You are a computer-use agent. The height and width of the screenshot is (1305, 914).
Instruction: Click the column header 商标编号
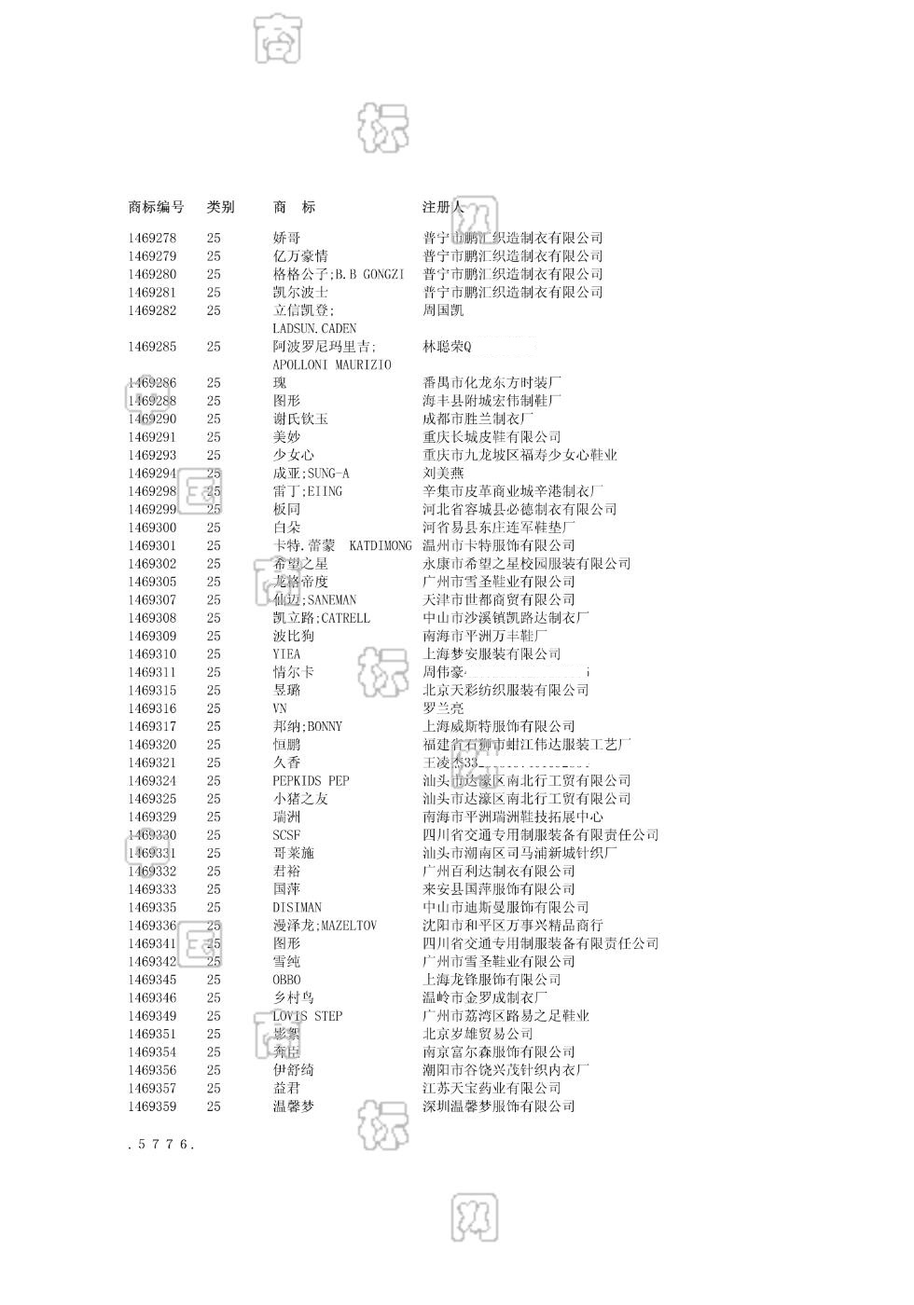pos(156,207)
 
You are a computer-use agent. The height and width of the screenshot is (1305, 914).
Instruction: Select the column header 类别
pos(220,207)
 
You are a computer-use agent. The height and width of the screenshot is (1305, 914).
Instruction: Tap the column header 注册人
pos(443,207)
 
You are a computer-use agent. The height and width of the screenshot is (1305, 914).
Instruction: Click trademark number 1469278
pos(152,239)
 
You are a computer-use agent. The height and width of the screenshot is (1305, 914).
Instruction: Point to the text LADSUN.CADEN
pos(314,329)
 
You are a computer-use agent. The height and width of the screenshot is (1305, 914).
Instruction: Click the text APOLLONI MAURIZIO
pos(331,365)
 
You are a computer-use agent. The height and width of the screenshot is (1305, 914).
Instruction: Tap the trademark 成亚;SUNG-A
pos(311,474)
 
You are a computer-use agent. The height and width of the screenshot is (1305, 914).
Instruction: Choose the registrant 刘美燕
pos(443,474)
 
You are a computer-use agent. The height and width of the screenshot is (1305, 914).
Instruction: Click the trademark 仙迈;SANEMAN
pos(314,600)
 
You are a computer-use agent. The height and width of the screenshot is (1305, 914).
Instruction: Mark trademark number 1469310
pos(152,654)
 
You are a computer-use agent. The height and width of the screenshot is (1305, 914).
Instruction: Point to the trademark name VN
pos(280,708)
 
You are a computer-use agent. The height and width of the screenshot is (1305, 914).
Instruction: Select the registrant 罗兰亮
pos(443,708)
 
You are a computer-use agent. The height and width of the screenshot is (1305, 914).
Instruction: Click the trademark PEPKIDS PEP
pos(311,781)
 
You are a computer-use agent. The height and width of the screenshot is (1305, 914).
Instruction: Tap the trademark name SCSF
pos(286,836)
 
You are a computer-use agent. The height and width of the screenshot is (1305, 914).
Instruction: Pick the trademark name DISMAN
pos(297,908)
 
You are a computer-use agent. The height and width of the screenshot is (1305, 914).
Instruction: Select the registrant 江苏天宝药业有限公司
pos(492,1089)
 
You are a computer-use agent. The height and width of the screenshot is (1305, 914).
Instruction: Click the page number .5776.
pos(160,1145)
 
